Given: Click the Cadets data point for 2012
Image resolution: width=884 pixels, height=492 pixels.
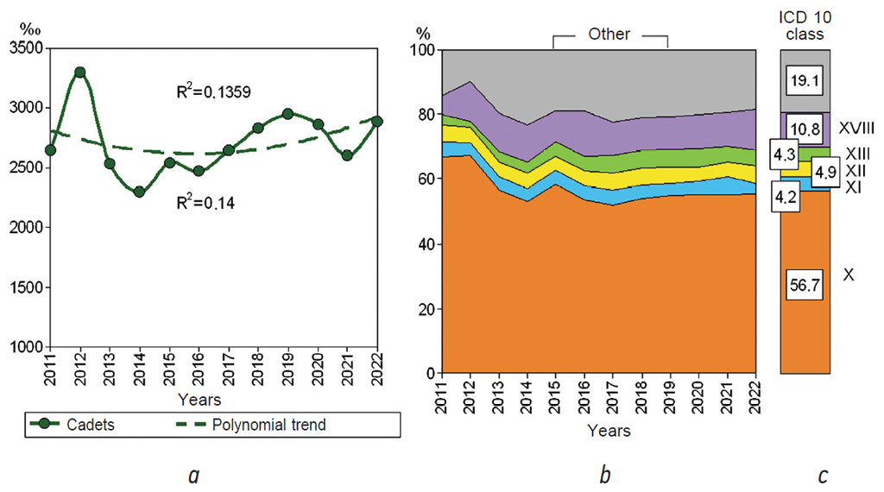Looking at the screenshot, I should point(80,73).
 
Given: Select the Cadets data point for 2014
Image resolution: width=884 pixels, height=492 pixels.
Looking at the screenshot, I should point(140,192).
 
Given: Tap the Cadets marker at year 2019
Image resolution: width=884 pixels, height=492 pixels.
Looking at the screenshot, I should point(287,114).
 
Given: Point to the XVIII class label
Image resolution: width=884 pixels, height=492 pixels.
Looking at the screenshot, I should point(856,128).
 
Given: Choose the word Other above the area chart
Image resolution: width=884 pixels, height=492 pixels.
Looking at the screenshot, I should point(609,35).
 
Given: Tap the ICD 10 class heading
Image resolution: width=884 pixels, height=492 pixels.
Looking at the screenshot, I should point(805,27).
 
